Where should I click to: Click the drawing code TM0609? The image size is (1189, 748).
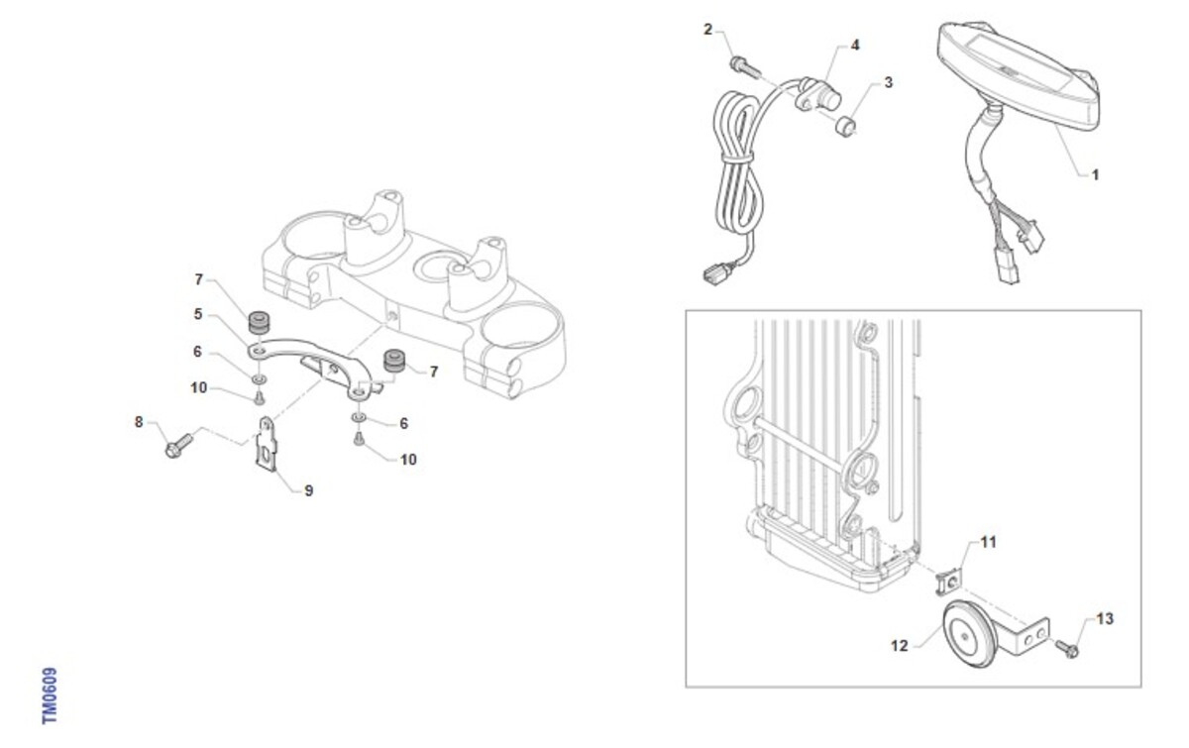click(50, 695)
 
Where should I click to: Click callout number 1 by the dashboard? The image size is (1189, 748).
click(1095, 174)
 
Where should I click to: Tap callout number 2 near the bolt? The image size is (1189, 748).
click(707, 29)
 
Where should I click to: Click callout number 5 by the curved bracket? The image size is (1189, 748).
click(198, 314)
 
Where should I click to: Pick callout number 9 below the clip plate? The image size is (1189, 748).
click(308, 490)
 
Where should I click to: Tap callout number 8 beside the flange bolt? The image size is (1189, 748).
click(139, 422)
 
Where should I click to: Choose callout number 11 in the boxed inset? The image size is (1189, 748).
click(988, 542)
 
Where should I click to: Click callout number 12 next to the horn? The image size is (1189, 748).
click(900, 646)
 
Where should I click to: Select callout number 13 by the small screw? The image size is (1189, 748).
click(1105, 618)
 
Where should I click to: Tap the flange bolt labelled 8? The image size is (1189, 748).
click(179, 446)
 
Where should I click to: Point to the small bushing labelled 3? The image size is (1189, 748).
click(845, 127)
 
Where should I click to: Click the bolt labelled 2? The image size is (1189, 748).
click(744, 67)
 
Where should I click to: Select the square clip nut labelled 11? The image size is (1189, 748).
click(948, 582)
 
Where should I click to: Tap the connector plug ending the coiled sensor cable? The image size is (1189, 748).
click(715, 274)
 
